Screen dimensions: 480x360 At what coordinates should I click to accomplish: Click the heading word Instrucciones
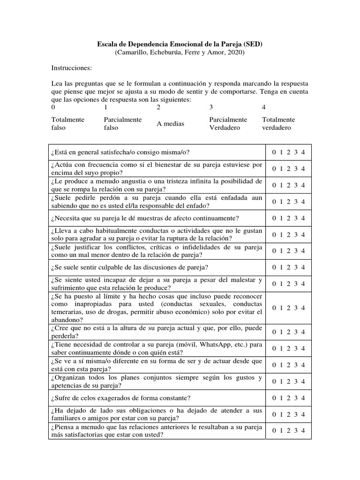[x=72, y=68]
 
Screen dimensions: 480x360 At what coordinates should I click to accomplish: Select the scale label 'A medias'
[x=170, y=124]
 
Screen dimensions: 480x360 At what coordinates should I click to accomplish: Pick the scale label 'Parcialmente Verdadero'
[x=228, y=124]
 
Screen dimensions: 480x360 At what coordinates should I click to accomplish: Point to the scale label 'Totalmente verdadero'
[x=278, y=124]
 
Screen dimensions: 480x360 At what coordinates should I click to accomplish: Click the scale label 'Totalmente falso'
[x=68, y=124]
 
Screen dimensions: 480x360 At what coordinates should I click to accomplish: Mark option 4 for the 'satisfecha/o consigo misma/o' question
[x=303, y=152]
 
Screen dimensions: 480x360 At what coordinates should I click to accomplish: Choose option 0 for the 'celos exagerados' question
[x=273, y=398]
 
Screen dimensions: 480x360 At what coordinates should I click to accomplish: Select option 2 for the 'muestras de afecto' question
[x=288, y=218]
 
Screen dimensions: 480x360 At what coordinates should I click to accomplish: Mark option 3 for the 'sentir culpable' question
[x=296, y=267]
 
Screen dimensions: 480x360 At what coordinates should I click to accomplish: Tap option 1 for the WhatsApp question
[x=281, y=348]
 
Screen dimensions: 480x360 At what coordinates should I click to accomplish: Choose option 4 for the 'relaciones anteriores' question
[x=303, y=431]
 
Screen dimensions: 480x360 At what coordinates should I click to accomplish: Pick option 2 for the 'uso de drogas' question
[x=288, y=307]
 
